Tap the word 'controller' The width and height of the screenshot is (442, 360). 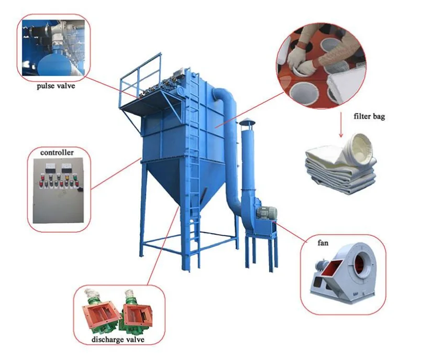[57, 152]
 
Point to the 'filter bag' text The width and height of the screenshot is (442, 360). [369, 116]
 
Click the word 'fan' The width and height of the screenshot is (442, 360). [323, 243]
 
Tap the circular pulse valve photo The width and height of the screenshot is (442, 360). [54, 47]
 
